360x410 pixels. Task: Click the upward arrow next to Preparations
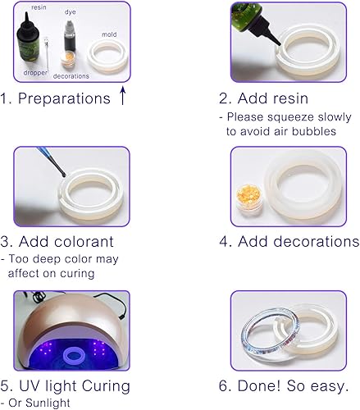(x=122, y=97)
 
